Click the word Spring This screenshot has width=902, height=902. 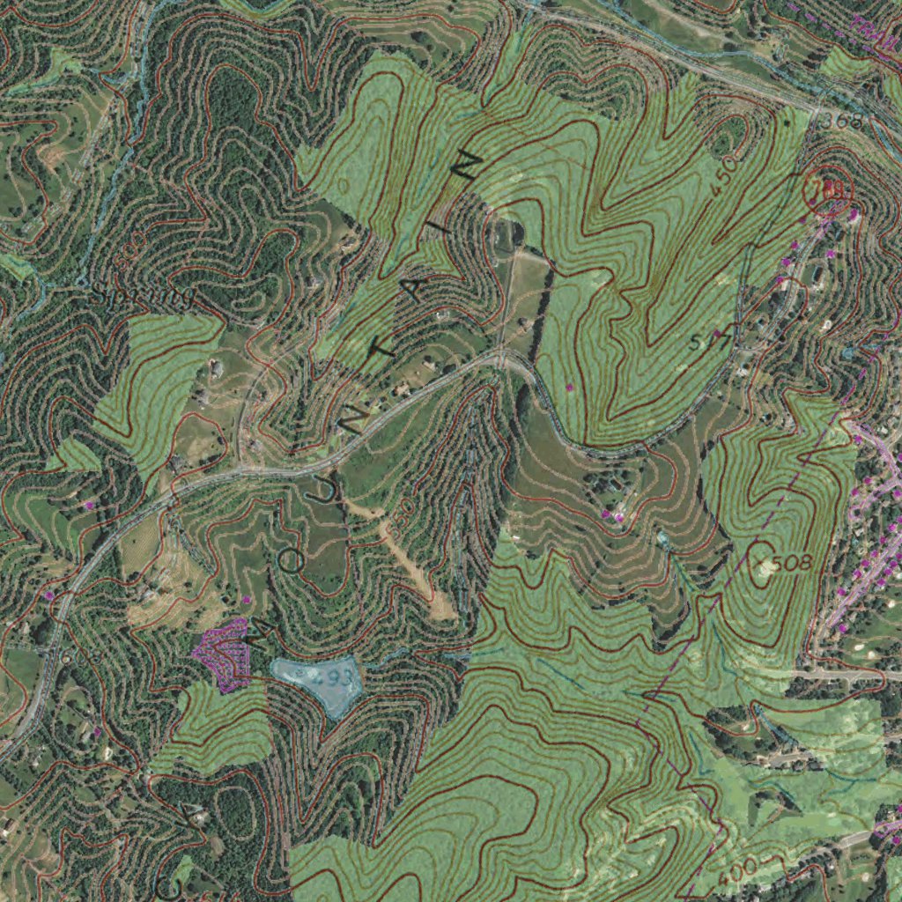[x=142, y=298]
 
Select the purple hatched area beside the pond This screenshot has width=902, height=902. [x=223, y=653]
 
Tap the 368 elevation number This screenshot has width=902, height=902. [x=839, y=120]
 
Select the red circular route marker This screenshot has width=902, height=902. [x=827, y=192]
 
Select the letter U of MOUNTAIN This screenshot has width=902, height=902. [x=315, y=492]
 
